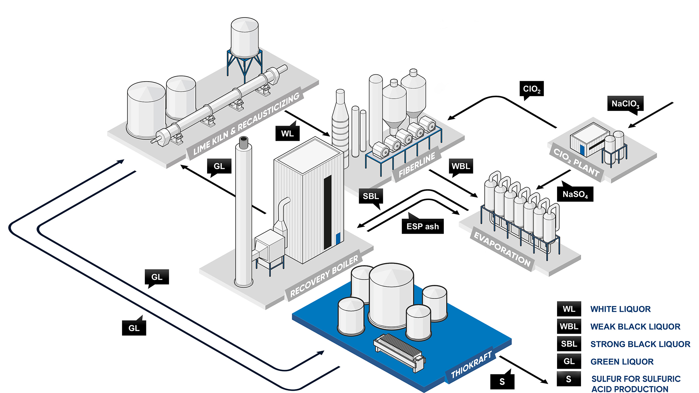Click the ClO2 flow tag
(531, 89)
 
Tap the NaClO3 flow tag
(625, 104)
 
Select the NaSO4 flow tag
(575, 194)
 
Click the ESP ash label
(422, 226)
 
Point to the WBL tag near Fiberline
(461, 166)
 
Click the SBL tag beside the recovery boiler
(371, 196)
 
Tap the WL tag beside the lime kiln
(287, 134)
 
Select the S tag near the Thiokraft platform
(502, 381)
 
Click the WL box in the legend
(569, 309)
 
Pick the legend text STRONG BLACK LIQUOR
(640, 344)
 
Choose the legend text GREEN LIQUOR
(622, 362)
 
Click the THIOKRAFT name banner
(471, 365)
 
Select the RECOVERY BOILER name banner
(324, 275)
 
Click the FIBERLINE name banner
(417, 165)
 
